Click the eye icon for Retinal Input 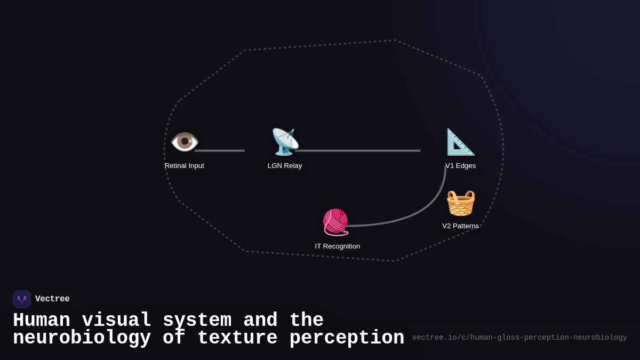[185, 142]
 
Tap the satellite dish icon [285, 142]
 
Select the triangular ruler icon [460, 142]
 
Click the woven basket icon [460, 203]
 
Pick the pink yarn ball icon [335, 222]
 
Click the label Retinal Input [185, 166]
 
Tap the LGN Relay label [285, 166]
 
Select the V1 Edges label [461, 166]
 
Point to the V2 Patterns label [460, 226]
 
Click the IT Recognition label [338, 246]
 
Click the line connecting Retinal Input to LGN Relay [220, 150]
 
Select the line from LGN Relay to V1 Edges [357, 150]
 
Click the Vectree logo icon [22, 299]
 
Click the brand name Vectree [52, 299]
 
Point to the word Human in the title [42, 321]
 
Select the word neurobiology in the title [82, 338]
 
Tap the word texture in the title [237, 338]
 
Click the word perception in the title [347, 338]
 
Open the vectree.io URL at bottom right [519, 338]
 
